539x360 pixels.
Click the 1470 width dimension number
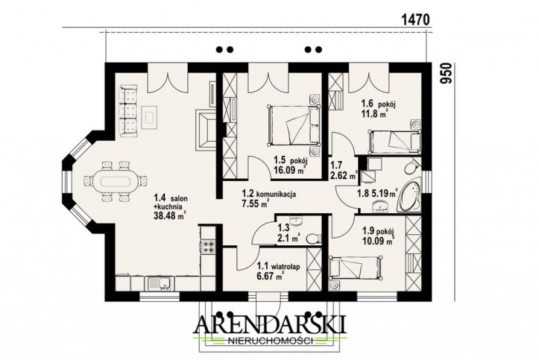pos(415,20)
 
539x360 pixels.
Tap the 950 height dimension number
pos(446,73)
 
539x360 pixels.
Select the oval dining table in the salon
pos(115,180)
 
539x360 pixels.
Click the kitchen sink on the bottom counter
pos(161,283)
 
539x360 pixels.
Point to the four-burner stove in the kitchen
pos(208,247)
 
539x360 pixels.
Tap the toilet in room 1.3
pos(313,238)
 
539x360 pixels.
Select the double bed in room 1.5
pos(294,126)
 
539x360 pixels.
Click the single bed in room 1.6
pos(394,141)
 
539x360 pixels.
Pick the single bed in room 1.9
pos(355,267)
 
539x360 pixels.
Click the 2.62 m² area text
pos(344,177)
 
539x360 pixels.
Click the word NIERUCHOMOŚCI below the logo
pos(271,341)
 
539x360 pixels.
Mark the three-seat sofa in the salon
pos(128,112)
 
